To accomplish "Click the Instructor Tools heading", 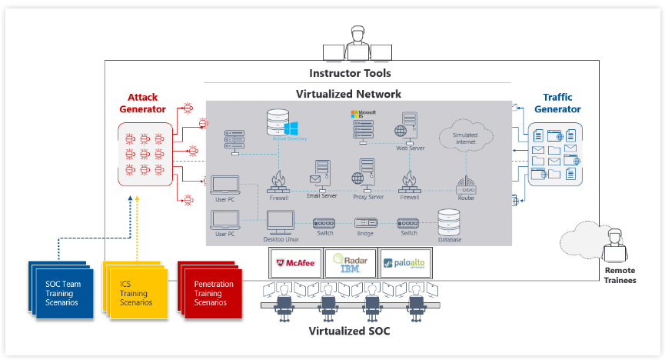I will [x=350, y=74].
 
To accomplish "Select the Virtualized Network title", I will [x=348, y=94].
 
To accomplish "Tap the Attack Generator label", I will [x=141, y=104].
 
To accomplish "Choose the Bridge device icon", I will [x=366, y=223].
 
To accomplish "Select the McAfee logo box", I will [x=294, y=262].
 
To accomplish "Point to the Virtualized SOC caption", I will [x=349, y=332].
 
